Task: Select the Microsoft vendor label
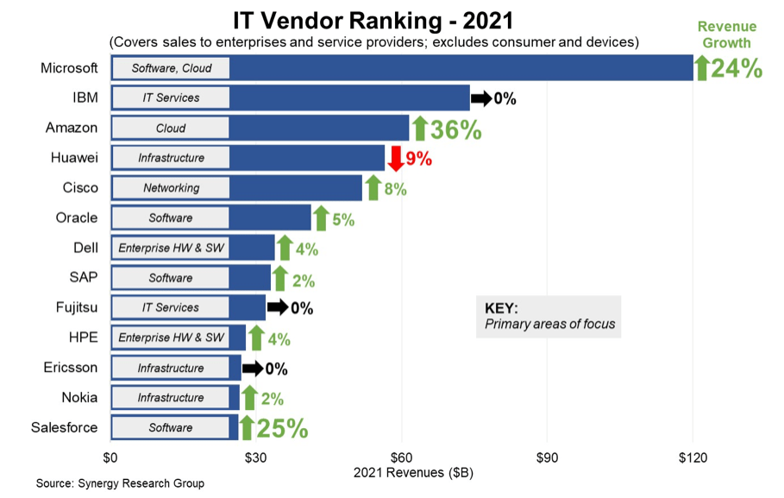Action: pos(69,67)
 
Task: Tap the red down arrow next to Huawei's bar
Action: pos(395,159)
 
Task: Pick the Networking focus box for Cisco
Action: pos(171,188)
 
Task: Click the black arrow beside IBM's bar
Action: pos(480,98)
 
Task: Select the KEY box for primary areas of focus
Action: pos(549,316)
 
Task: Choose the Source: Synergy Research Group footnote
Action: pos(120,483)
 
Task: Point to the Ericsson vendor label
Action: pos(71,368)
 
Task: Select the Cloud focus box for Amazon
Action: pos(171,128)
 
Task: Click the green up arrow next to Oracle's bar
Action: pos(320,218)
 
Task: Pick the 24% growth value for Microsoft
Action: pos(737,68)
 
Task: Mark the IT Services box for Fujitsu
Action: pos(171,308)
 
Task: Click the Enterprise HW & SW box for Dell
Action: pos(171,249)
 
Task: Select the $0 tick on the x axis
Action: pos(110,457)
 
